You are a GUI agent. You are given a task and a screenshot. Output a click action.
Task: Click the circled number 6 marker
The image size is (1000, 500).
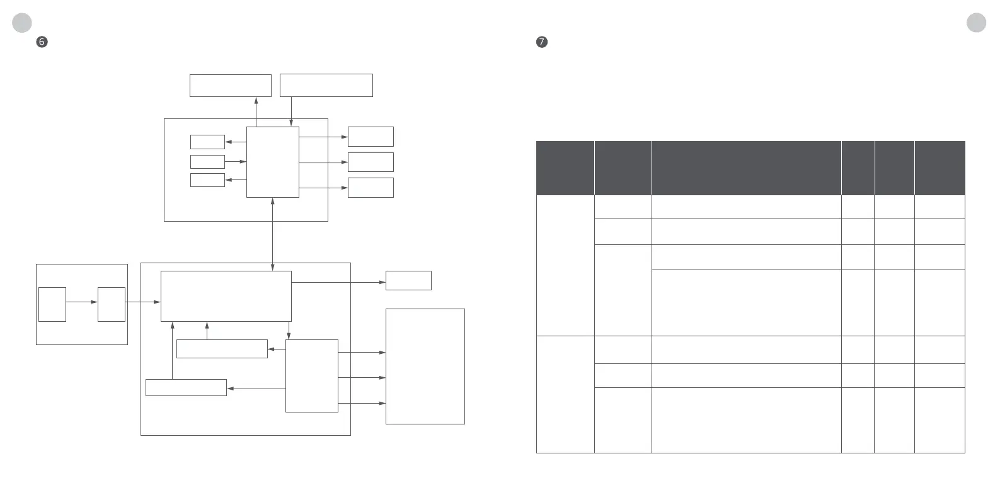42,42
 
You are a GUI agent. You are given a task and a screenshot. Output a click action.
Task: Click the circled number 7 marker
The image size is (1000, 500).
541,42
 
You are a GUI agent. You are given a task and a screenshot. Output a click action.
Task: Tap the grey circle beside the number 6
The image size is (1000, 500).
22,23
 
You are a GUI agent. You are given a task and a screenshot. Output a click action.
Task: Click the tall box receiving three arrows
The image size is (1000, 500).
425,366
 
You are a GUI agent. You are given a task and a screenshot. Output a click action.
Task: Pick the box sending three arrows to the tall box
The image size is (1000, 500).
311,376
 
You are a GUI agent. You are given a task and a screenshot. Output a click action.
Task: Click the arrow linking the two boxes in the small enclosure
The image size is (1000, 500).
81,302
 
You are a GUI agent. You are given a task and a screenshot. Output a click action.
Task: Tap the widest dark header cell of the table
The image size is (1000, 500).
746,168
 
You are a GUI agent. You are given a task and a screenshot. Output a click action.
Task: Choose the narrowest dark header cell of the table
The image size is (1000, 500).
858,168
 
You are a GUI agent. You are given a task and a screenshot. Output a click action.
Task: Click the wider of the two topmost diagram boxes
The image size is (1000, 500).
326,85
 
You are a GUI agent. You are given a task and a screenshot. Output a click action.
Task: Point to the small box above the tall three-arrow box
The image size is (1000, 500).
408,280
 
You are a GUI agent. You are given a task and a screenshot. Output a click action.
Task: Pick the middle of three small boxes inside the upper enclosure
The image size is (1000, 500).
207,161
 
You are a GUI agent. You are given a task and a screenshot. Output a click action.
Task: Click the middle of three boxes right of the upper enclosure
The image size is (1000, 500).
371,162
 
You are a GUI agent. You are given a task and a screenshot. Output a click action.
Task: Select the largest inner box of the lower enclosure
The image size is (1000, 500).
226,296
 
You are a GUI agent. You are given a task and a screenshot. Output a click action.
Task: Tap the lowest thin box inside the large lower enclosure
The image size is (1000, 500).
186,387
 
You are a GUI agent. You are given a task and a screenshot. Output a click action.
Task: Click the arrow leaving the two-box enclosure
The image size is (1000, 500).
144,302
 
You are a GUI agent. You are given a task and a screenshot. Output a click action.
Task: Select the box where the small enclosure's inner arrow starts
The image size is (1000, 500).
52,304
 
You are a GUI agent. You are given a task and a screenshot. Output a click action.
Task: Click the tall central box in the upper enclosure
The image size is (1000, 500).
272,162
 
